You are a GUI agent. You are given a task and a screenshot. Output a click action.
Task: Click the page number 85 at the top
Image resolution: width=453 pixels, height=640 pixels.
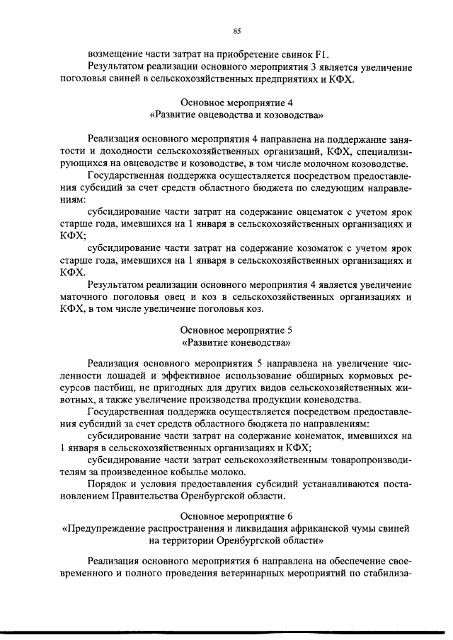[236, 30]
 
